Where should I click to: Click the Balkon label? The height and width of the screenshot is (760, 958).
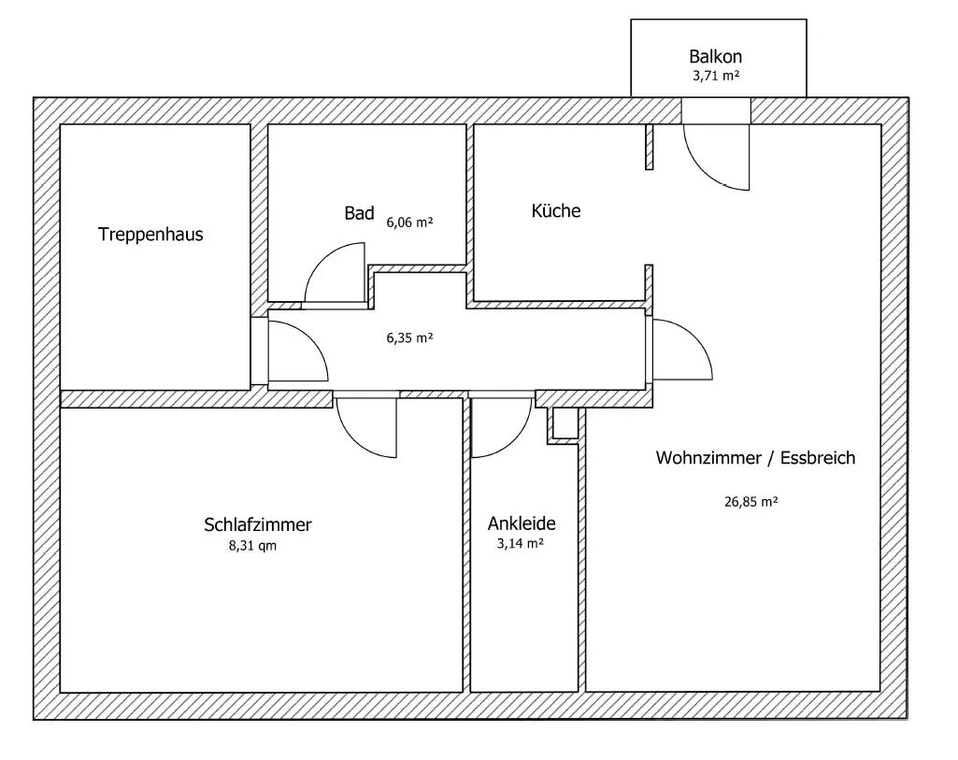[x=715, y=57]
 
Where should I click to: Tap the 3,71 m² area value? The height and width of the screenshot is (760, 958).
[x=715, y=77]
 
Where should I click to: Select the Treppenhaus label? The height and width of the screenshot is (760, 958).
[x=150, y=235]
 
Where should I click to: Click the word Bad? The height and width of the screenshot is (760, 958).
[x=359, y=214]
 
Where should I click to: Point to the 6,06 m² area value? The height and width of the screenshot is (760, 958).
[x=409, y=222]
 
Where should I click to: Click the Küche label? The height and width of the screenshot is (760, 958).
[x=556, y=211]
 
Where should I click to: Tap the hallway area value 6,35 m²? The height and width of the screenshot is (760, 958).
[x=409, y=338]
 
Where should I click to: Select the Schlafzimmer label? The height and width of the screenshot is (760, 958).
[x=257, y=524]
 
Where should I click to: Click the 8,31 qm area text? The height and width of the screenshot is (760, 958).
[x=252, y=546]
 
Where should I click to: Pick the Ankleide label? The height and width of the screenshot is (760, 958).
[x=522, y=523]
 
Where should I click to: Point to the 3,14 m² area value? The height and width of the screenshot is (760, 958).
[x=522, y=543]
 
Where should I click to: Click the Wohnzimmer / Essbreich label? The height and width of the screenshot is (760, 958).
[x=755, y=458]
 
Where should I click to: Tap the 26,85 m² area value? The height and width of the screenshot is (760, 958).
[x=751, y=501]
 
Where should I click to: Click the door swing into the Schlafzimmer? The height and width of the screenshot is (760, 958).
[x=367, y=428]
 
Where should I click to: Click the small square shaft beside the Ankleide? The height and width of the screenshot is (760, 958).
[x=565, y=423]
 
